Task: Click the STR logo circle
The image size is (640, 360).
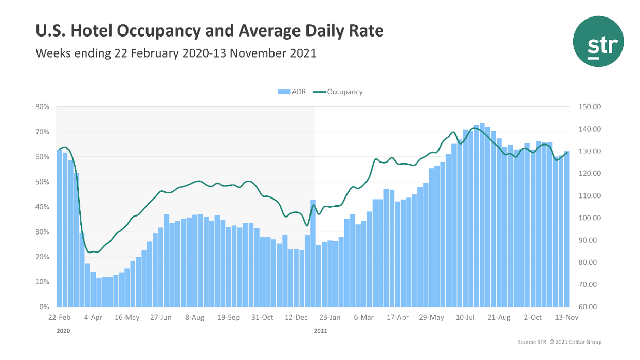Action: pyautogui.click(x=598, y=41)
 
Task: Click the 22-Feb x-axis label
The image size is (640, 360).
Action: pyautogui.click(x=60, y=318)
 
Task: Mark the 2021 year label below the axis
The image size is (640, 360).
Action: pyautogui.click(x=320, y=331)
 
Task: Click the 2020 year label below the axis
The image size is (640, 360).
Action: pyautogui.click(x=63, y=331)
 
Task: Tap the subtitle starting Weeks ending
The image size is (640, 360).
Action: pyautogui.click(x=175, y=53)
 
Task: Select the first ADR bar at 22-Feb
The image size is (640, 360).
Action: pyautogui.click(x=59, y=231)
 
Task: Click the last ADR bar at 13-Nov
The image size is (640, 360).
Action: pyautogui.click(x=566, y=231)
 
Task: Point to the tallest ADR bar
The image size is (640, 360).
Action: pyautogui.click(x=482, y=216)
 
